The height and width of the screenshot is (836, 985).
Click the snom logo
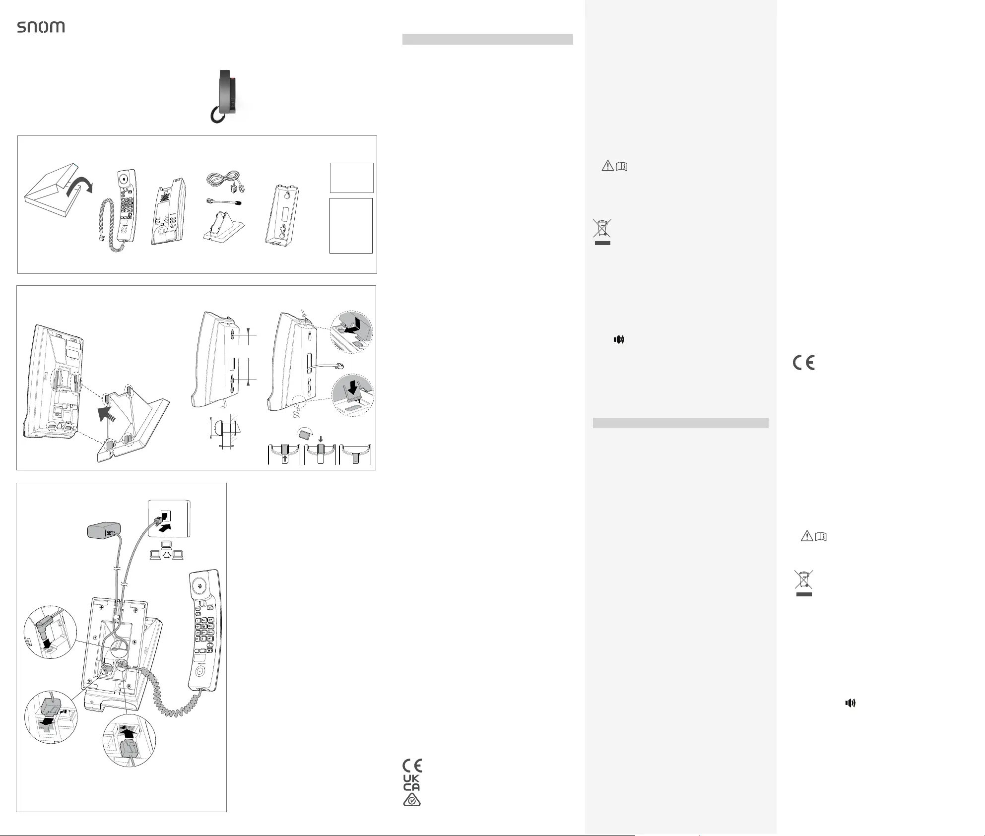pyautogui.click(x=41, y=27)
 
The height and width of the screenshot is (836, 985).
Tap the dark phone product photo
pyautogui.click(x=228, y=96)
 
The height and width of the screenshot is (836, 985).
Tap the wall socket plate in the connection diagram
pyautogui.click(x=169, y=518)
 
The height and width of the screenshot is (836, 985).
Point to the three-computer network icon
pyautogui.click(x=167, y=552)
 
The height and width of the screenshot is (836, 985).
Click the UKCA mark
pyautogui.click(x=411, y=783)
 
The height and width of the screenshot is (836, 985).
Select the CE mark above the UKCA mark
pyautogui.click(x=412, y=766)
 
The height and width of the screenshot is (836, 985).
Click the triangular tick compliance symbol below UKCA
pyautogui.click(x=412, y=800)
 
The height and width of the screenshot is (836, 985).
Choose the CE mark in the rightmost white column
pyautogui.click(x=804, y=363)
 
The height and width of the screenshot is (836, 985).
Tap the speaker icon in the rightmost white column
pyautogui.click(x=851, y=703)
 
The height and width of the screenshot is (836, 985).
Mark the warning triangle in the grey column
pyautogui.click(x=607, y=166)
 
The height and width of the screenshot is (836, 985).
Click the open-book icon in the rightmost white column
pyautogui.click(x=821, y=536)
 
